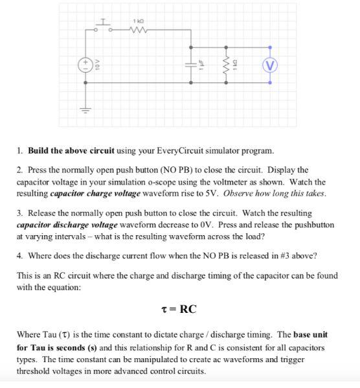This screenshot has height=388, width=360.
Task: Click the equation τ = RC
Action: pyautogui.click(x=180, y=308)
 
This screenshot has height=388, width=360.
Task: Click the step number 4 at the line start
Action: pyautogui.click(x=19, y=255)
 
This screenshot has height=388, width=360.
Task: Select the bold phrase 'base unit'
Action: pyautogui.click(x=311, y=335)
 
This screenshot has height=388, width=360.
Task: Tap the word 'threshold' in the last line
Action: pyautogui.click(x=37, y=371)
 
